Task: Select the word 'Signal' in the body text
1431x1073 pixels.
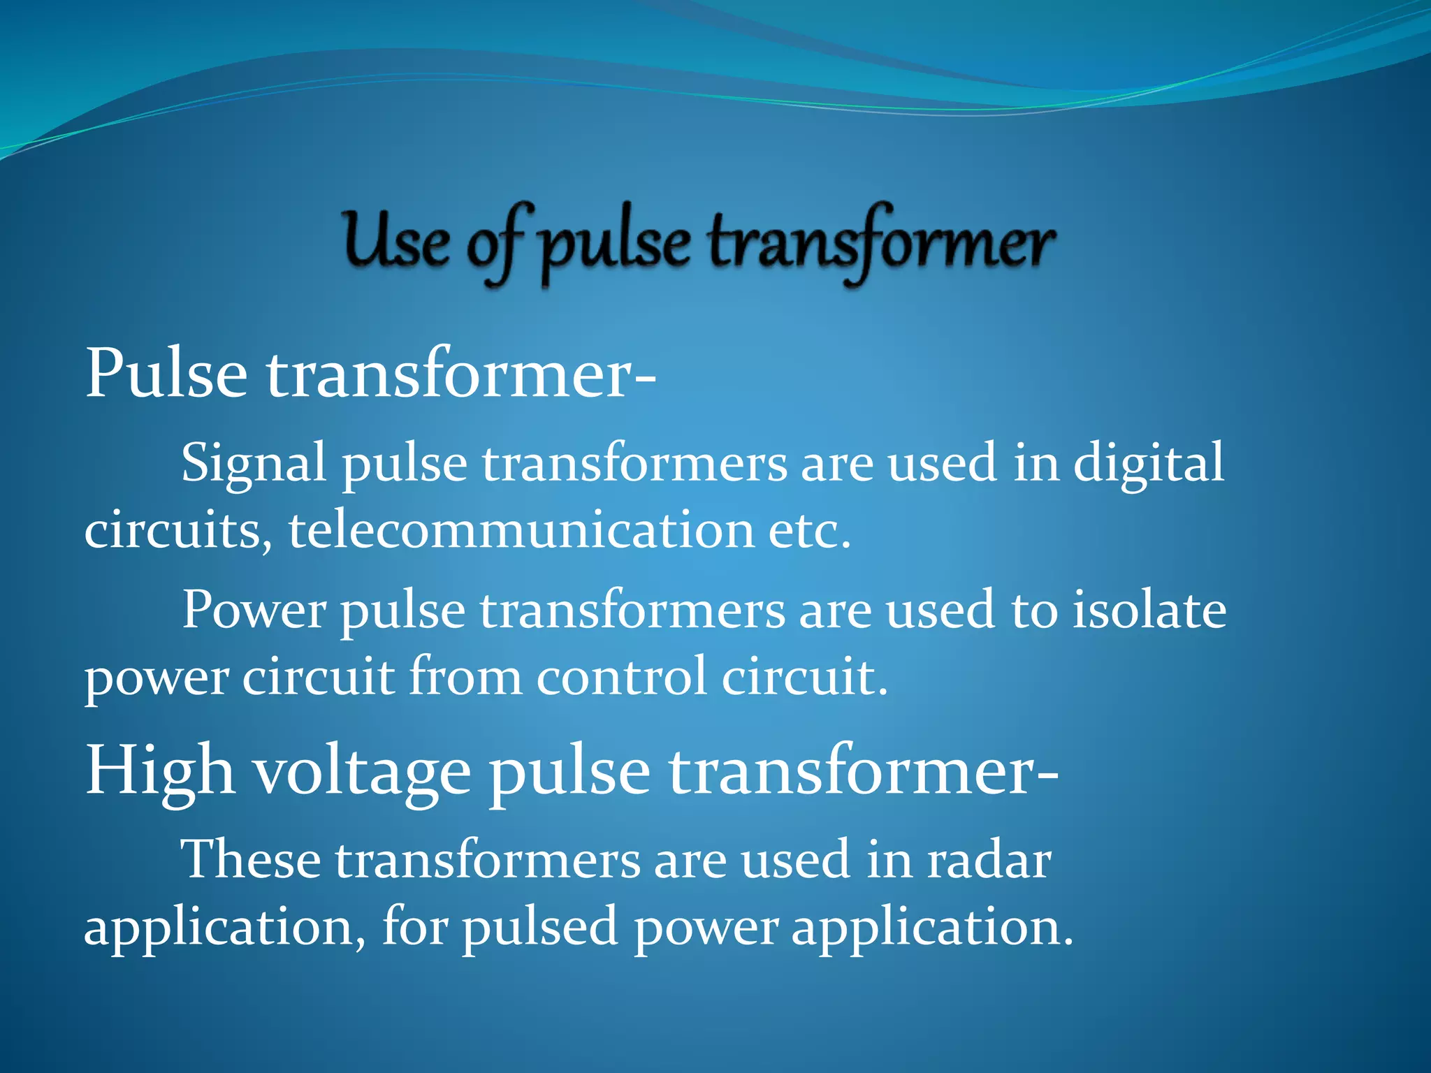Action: click(x=254, y=463)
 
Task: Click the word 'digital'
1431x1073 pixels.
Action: click(x=1148, y=463)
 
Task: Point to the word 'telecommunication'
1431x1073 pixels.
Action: click(x=521, y=529)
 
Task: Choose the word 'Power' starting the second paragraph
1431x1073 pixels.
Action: click(x=254, y=610)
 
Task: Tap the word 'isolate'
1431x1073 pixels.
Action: click(x=1149, y=610)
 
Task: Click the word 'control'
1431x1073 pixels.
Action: click(x=621, y=676)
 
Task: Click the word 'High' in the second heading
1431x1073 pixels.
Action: click(x=159, y=771)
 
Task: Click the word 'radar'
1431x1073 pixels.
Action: click(x=988, y=859)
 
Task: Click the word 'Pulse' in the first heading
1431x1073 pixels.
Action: click(x=166, y=374)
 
